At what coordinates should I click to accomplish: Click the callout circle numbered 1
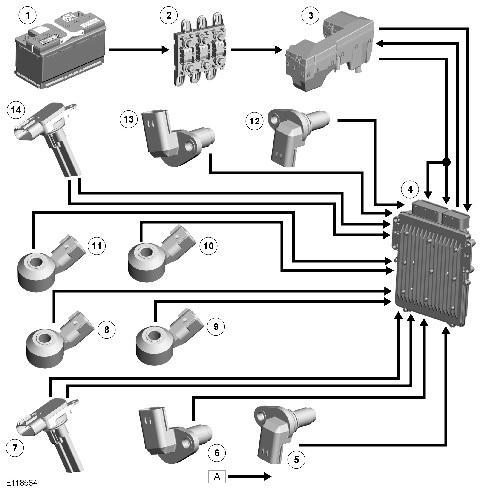[28, 16]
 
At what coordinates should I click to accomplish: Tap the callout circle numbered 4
[410, 190]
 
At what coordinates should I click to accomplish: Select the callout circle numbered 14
[16, 110]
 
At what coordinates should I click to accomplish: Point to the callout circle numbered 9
[216, 326]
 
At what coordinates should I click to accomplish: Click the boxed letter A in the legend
[217, 476]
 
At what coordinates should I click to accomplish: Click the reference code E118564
[22, 483]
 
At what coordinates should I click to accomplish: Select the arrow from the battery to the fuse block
[139, 50]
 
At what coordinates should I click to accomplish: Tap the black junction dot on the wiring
[446, 162]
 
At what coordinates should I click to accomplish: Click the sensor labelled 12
[293, 135]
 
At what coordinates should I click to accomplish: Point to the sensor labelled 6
[173, 435]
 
